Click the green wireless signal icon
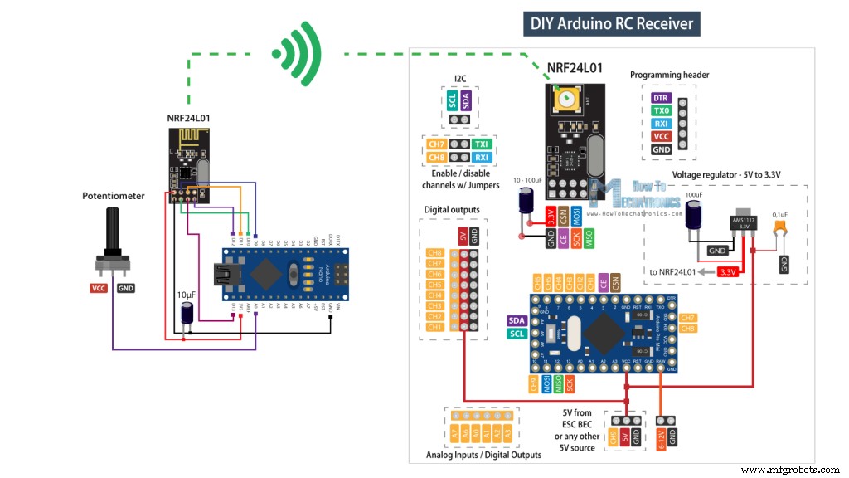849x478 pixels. point(300,54)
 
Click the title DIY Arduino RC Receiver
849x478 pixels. point(613,22)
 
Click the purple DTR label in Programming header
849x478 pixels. point(661,98)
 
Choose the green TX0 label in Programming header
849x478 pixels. point(661,110)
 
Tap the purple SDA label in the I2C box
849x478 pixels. point(468,101)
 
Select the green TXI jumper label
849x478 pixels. point(482,144)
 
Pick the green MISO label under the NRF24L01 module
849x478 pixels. point(589,240)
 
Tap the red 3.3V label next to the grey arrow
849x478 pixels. point(728,271)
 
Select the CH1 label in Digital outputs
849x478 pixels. point(434,327)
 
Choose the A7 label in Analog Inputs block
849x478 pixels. point(455,432)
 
